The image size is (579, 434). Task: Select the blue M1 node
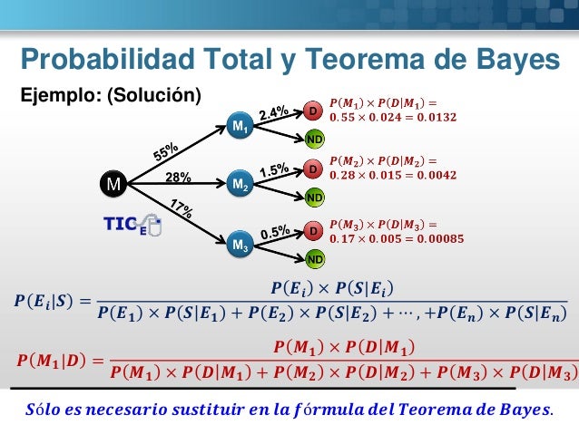(239, 128)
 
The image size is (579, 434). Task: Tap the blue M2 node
(239, 184)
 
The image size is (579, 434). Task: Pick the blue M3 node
(240, 244)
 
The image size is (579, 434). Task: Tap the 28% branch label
(178, 177)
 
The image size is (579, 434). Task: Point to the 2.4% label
(273, 113)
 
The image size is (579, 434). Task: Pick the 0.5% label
(274, 232)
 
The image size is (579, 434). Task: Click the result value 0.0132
(437, 118)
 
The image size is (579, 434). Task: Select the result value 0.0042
(437, 176)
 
